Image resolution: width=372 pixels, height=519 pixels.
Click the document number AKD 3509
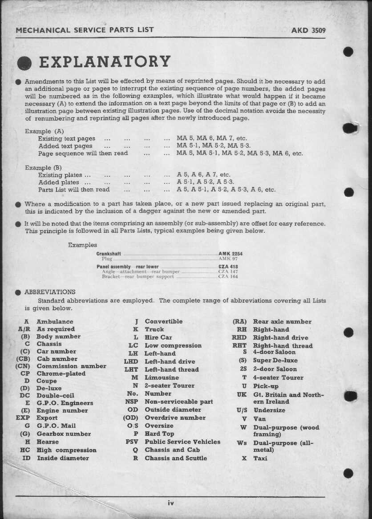(x=308, y=31)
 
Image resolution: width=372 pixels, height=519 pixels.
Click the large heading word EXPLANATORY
(x=105, y=62)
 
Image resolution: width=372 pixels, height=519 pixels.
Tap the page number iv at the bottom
(x=170, y=503)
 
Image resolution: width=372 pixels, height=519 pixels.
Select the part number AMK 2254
(x=230, y=254)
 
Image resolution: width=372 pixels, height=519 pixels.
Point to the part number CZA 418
(x=228, y=267)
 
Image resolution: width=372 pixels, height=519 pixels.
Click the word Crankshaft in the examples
(x=109, y=254)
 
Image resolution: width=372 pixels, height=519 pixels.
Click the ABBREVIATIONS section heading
(x=50, y=292)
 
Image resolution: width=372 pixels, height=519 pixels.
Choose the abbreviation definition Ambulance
(x=55, y=321)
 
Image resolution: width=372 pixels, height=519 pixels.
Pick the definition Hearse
(x=48, y=442)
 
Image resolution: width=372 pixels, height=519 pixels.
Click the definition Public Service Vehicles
(x=182, y=442)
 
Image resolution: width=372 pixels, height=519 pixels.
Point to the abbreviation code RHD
(x=239, y=338)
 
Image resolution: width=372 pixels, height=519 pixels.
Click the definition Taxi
(x=260, y=458)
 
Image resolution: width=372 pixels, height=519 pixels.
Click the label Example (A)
(x=44, y=131)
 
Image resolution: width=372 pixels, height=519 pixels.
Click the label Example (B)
(x=44, y=168)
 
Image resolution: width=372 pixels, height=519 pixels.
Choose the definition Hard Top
(x=159, y=434)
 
